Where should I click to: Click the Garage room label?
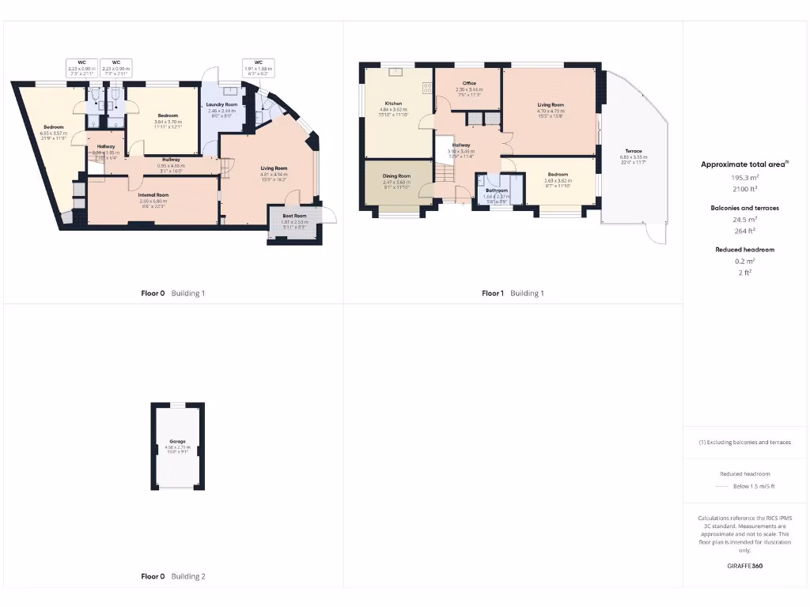(x=177, y=441)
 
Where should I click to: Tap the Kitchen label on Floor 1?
(x=393, y=104)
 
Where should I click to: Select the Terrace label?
(x=633, y=151)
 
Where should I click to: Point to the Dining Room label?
(x=396, y=176)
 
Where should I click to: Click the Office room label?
(x=469, y=83)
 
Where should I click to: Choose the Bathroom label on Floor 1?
(x=497, y=190)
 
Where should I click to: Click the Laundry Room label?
(x=221, y=104)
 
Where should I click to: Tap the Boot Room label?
(x=294, y=215)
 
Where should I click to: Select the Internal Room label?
(x=153, y=194)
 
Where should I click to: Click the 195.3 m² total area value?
(x=744, y=178)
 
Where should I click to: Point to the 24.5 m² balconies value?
(x=744, y=219)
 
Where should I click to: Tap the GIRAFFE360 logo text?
(x=744, y=566)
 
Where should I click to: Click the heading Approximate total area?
(x=743, y=164)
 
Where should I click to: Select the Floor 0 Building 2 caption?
(x=172, y=576)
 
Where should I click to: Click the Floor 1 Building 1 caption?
(x=513, y=293)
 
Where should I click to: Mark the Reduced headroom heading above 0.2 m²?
(x=744, y=249)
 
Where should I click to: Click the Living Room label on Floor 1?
(x=551, y=104)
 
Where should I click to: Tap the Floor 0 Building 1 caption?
(x=172, y=293)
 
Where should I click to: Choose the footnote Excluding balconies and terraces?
(x=744, y=442)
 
